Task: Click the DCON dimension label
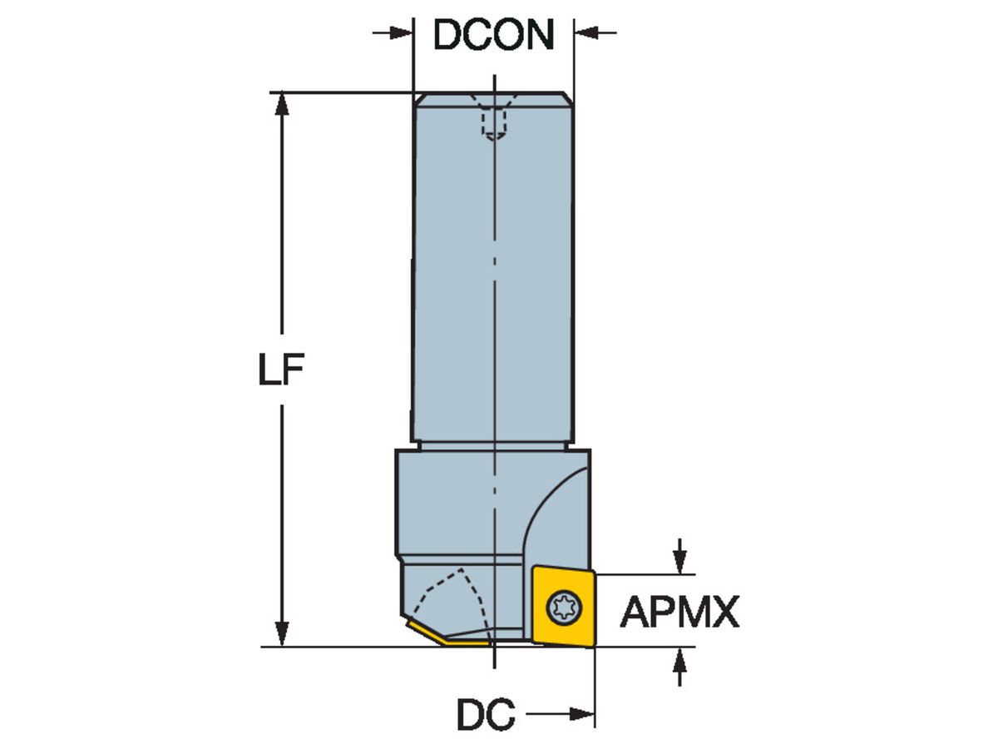click(493, 34)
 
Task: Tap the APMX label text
click(679, 613)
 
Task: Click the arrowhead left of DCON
click(403, 33)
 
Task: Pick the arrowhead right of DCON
click(585, 33)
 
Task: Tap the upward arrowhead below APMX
click(680, 658)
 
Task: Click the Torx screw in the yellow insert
click(565, 606)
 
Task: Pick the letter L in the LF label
click(268, 370)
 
